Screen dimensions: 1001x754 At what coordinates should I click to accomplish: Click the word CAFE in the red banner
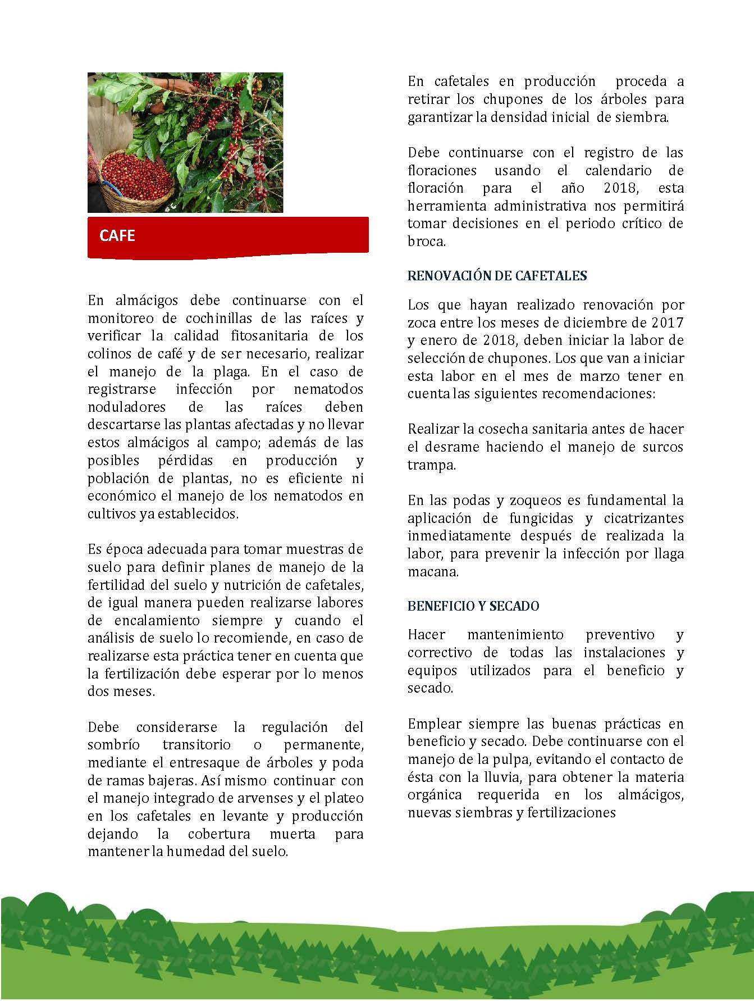[x=117, y=235]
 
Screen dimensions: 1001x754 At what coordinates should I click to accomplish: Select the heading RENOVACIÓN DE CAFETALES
[x=497, y=276]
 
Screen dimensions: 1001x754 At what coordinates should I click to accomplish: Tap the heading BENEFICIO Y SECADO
[x=473, y=606]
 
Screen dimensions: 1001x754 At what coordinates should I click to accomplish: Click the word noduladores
[x=126, y=407]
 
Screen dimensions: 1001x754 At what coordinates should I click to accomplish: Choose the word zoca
[x=422, y=323]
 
